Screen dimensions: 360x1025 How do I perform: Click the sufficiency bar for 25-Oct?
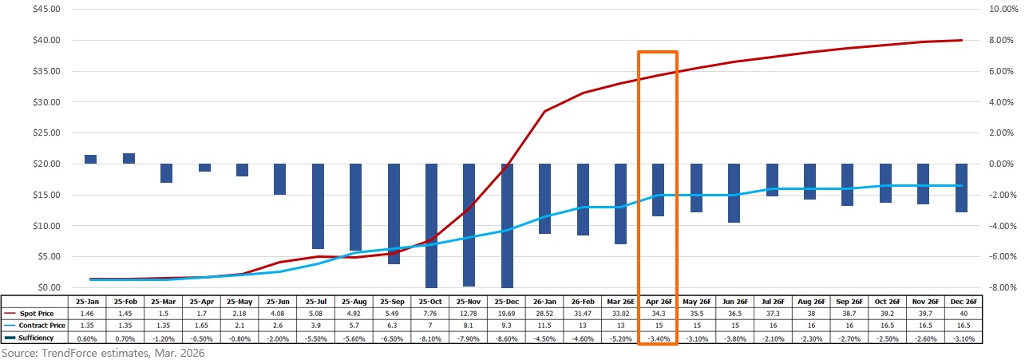431,225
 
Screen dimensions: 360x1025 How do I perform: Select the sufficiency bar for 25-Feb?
129,159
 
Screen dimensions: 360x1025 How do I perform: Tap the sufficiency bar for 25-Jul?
318,206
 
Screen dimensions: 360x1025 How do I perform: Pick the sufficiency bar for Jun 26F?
734,193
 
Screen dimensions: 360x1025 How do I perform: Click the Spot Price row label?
40,315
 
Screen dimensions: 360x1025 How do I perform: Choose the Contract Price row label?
45,326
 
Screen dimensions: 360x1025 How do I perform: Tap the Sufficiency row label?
40,338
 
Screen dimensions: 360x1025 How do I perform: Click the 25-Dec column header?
507,303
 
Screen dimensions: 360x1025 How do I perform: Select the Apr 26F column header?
658,303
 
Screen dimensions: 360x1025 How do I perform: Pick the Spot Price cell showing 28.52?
544,315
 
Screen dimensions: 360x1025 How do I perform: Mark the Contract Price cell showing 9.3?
507,326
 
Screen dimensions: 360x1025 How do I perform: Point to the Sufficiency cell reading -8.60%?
507,338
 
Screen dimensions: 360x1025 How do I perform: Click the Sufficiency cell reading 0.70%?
129,338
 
